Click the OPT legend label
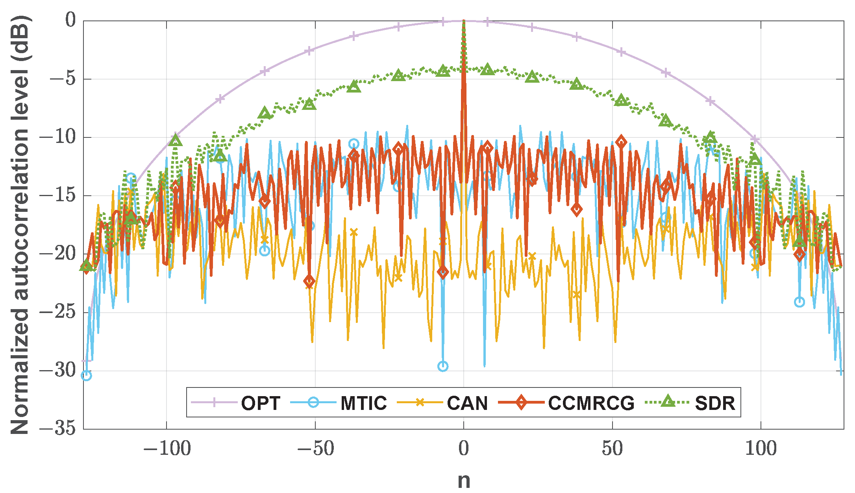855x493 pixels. coord(261,403)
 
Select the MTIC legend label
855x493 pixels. coord(363,403)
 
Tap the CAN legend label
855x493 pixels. coord(467,403)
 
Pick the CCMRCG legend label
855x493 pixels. coord(591,403)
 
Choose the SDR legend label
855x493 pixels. coord(715,403)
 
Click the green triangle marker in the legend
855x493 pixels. coord(668,402)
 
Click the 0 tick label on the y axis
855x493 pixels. coord(70,20)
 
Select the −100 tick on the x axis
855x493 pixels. coord(167,449)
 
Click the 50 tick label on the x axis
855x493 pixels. coord(612,449)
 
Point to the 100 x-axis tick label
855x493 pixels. coord(761,449)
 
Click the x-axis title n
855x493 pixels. coord(464,480)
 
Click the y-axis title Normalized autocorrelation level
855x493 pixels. coord(20,224)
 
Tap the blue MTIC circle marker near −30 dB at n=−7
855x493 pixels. coord(443,366)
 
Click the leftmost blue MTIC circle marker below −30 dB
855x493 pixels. coord(86,375)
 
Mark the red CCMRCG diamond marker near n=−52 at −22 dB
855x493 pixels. coord(309,281)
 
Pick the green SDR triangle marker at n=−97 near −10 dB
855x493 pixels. coord(176,140)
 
